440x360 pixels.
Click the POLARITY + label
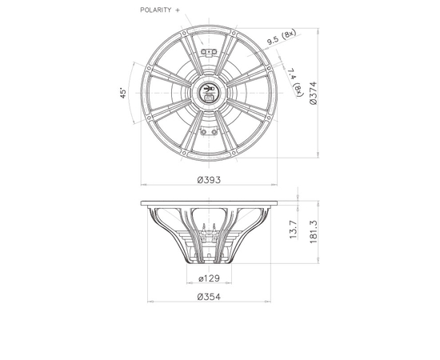(160, 10)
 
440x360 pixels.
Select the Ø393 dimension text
(209, 179)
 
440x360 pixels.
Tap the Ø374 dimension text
(314, 93)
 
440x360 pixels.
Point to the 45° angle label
(123, 94)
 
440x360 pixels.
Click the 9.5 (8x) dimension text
(282, 38)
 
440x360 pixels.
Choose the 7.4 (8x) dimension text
(294, 82)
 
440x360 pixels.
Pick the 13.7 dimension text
(294, 230)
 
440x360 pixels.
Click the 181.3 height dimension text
(314, 232)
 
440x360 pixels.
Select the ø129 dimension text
(209, 278)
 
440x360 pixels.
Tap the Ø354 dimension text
(209, 297)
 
